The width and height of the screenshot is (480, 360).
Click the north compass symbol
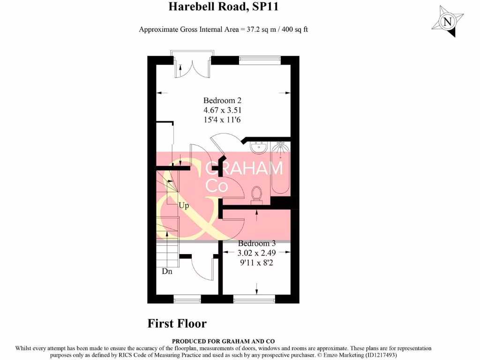448,22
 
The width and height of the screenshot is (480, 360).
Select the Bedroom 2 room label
222,100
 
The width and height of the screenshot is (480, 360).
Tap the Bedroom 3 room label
256,244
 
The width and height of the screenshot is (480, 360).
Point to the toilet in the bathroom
256,195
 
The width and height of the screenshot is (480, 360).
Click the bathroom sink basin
258,148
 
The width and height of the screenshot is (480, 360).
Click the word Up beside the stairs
183,205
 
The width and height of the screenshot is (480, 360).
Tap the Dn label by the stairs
167,271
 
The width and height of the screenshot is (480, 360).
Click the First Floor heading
177,323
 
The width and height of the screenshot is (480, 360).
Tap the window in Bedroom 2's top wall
260,60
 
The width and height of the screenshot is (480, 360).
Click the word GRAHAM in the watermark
244,168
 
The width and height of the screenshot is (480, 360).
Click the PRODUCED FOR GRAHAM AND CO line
223,341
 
